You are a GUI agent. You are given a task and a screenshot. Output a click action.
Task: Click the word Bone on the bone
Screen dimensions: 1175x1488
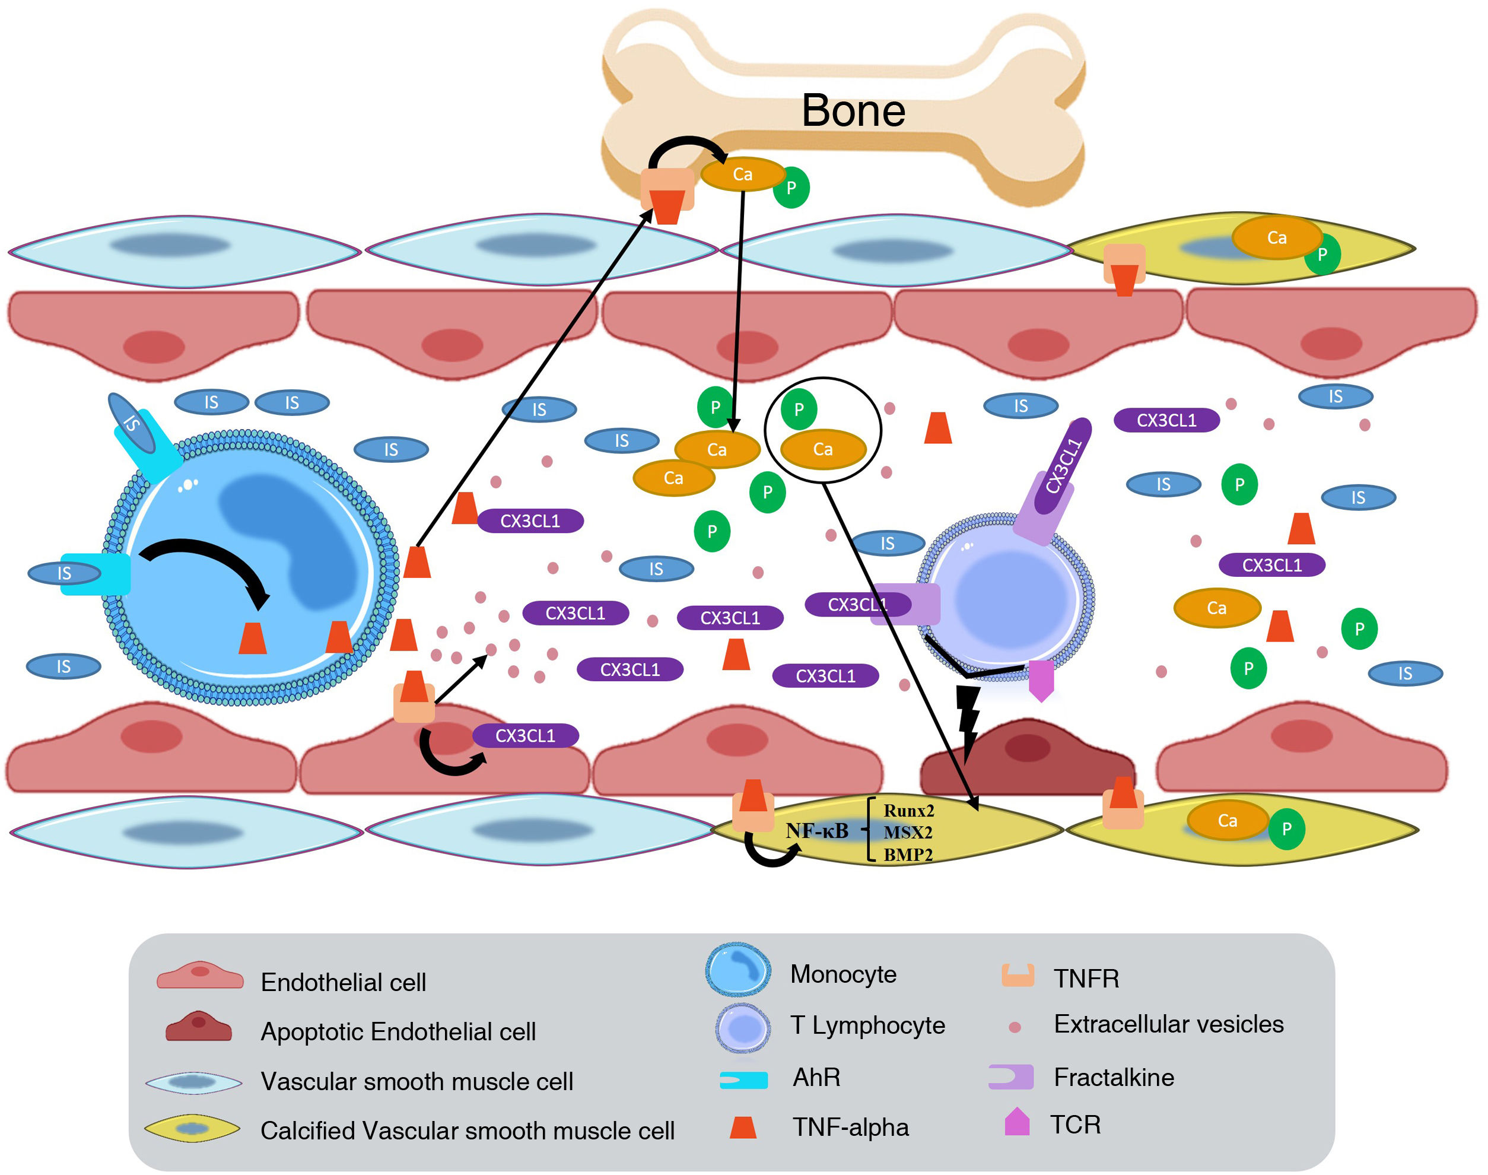tap(853, 111)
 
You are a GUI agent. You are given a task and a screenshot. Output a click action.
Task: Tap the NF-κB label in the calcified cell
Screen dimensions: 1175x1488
tap(817, 831)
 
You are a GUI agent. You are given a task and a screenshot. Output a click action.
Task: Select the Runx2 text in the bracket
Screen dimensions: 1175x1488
tap(908, 811)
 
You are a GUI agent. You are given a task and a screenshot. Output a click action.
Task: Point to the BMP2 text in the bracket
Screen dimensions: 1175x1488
tap(908, 855)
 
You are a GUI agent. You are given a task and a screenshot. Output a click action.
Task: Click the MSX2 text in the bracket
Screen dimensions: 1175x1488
tap(908, 833)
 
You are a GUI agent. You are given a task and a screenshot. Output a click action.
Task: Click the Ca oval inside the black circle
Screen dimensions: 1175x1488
tap(822, 449)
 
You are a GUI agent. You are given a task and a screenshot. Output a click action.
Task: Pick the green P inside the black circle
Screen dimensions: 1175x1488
tap(799, 409)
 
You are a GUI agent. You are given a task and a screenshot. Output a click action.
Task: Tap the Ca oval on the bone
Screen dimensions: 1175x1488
tap(742, 174)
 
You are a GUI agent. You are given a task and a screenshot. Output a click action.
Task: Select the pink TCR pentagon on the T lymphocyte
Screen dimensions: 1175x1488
tap(1041, 679)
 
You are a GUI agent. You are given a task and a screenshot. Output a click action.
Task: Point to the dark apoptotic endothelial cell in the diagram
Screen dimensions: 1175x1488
tap(1027, 757)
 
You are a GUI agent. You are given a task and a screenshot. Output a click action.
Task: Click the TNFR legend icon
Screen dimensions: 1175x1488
tap(1017, 976)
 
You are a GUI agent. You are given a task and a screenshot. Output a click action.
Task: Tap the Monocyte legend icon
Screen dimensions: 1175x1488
tap(738, 970)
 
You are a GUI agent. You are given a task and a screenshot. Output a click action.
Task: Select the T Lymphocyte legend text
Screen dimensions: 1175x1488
tap(867, 1025)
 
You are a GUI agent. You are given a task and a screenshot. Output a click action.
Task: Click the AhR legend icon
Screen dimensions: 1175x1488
tap(743, 1080)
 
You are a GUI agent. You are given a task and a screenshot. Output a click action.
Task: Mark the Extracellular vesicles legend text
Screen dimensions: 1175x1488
tap(1168, 1024)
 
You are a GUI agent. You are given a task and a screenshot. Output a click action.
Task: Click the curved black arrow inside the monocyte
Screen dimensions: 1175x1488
tap(206, 564)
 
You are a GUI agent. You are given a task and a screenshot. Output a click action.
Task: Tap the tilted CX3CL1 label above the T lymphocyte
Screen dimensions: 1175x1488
tap(1064, 466)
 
